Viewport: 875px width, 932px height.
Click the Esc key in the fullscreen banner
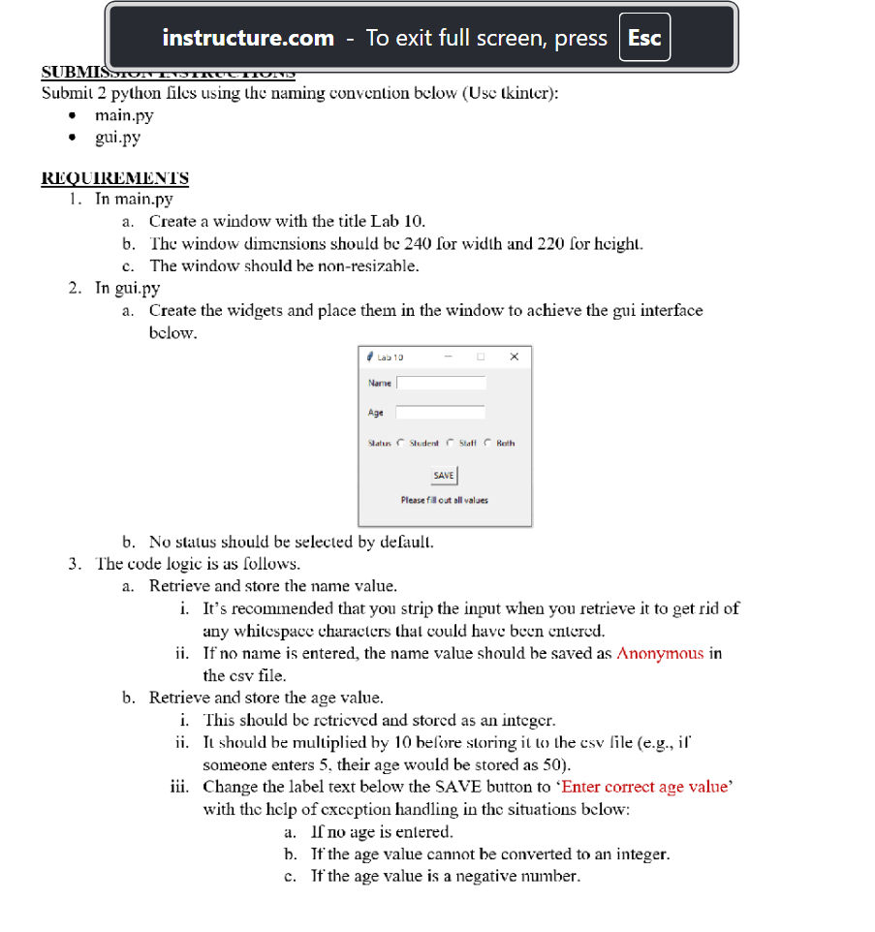[x=644, y=39]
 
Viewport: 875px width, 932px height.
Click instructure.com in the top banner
[x=248, y=39]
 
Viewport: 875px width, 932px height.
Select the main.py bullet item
[x=124, y=115]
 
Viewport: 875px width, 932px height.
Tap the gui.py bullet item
[x=117, y=137]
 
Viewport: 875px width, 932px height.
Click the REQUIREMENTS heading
[x=114, y=178]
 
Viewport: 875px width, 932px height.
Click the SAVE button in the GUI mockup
[x=444, y=476]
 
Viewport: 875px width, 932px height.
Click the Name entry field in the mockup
[x=441, y=383]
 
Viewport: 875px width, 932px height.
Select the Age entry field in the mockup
[x=441, y=413]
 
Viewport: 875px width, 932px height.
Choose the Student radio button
[x=401, y=444]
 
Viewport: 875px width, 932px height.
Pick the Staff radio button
[x=450, y=444]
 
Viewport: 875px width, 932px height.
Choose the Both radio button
[x=487, y=444]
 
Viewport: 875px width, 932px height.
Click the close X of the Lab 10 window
[x=514, y=357]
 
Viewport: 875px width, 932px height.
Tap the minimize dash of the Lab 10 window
[x=448, y=357]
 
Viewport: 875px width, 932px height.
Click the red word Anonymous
[x=660, y=653]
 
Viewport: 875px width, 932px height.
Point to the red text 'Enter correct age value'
[x=645, y=787]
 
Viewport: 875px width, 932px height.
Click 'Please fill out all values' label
[x=445, y=500]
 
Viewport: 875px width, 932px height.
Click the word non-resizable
[x=371, y=265]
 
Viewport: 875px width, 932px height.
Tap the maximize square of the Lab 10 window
[x=480, y=357]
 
